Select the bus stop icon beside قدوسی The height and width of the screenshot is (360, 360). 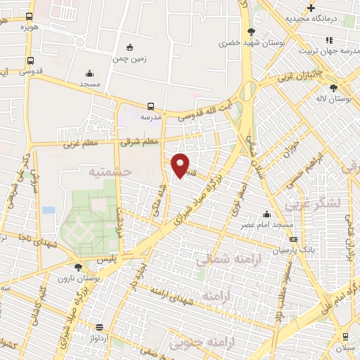(30, 61)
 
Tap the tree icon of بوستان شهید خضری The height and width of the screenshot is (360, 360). (252, 31)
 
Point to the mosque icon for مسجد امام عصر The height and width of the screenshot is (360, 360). (266, 214)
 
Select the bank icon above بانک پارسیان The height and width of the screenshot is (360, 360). (293, 239)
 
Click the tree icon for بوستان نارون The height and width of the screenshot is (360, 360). (78, 267)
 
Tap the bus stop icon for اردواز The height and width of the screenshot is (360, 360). (99, 328)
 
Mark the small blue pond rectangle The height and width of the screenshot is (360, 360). (48, 210)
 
